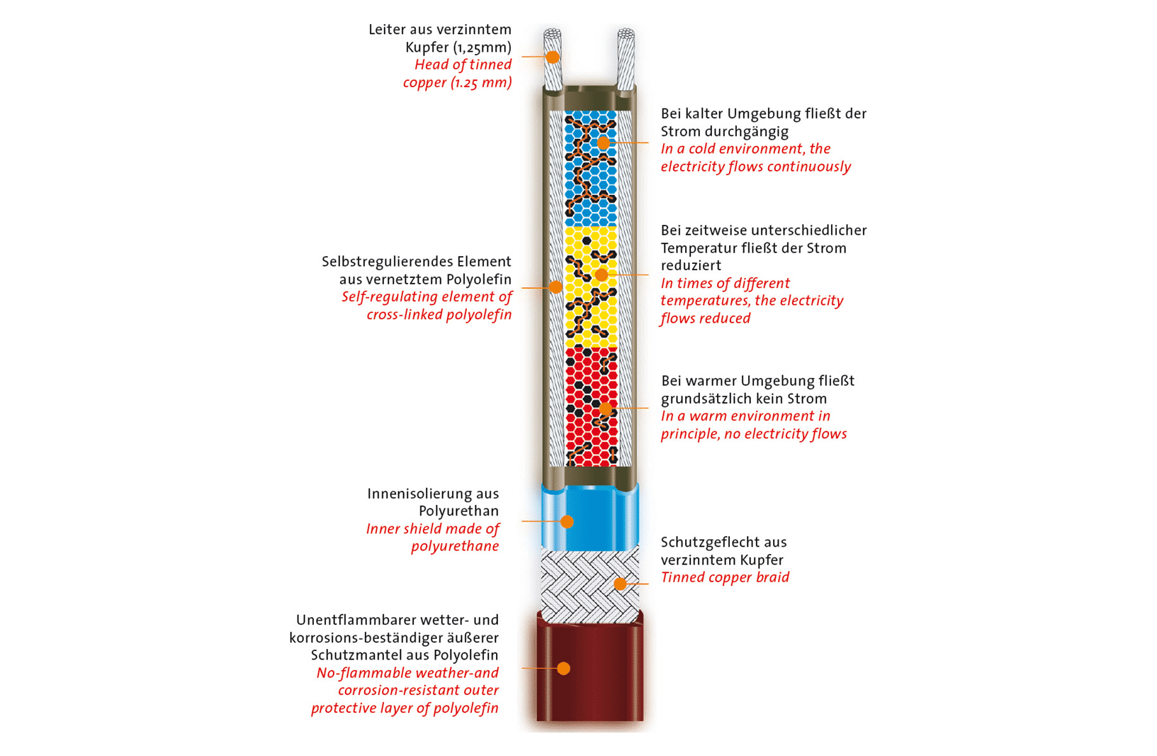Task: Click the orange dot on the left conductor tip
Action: [553, 57]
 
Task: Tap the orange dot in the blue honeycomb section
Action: [603, 143]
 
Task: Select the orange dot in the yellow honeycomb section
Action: [601, 274]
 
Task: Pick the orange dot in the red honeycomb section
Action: [606, 408]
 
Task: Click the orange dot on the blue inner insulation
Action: [567, 522]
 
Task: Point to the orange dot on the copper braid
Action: [620, 584]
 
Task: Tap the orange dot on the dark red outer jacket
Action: [563, 668]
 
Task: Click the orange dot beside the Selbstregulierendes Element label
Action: [556, 287]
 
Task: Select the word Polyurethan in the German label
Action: [458, 511]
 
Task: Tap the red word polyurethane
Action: [455, 546]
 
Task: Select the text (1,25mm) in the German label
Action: [482, 48]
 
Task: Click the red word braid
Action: [772, 577]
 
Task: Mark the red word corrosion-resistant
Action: [400, 690]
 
